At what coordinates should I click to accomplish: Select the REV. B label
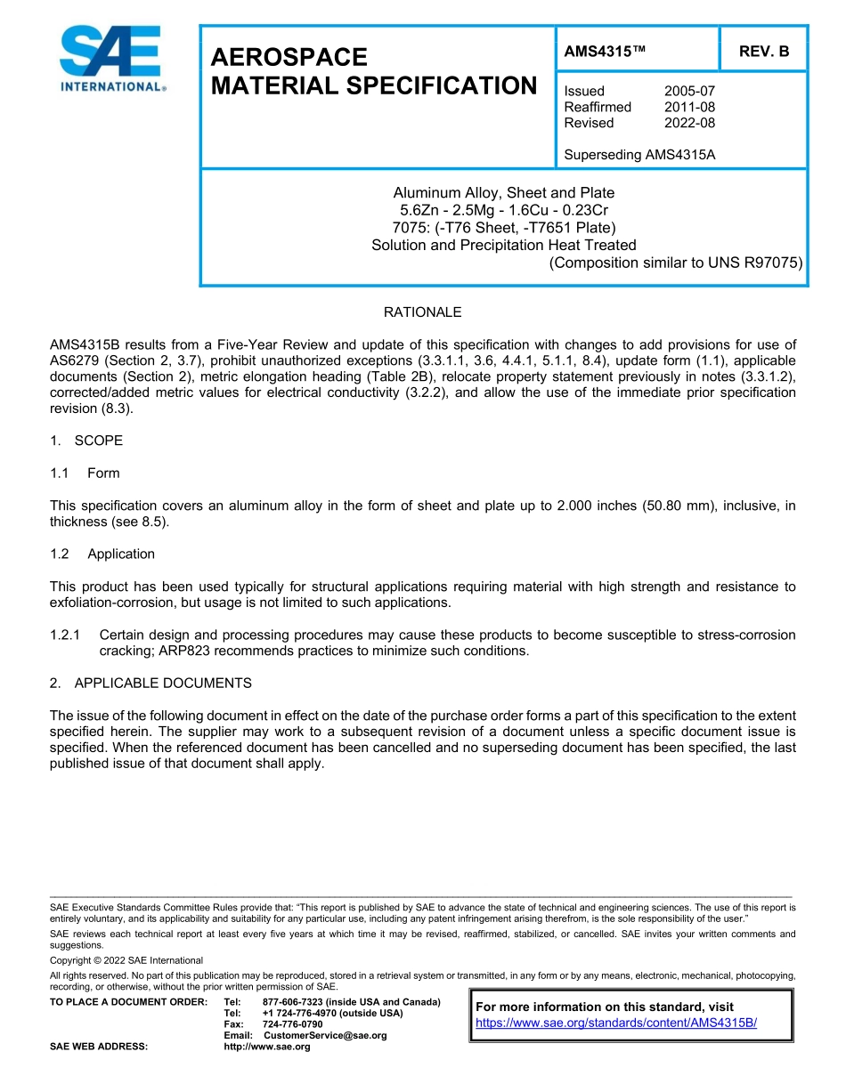(x=763, y=52)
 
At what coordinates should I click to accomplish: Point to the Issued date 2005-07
(x=689, y=91)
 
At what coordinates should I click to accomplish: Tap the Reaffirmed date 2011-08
(x=689, y=107)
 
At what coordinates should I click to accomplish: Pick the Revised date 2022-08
(x=689, y=123)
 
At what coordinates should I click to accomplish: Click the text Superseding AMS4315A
(x=639, y=155)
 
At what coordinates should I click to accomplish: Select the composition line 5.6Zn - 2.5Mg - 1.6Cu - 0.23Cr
(x=503, y=210)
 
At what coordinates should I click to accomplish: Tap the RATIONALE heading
(x=422, y=312)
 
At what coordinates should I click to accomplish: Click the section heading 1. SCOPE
(x=86, y=441)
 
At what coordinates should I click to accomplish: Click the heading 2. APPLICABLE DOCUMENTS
(x=150, y=683)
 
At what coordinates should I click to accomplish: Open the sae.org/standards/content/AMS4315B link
(x=616, y=1023)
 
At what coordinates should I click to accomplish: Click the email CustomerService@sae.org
(x=325, y=1035)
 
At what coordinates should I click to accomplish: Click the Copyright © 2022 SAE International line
(x=126, y=960)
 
